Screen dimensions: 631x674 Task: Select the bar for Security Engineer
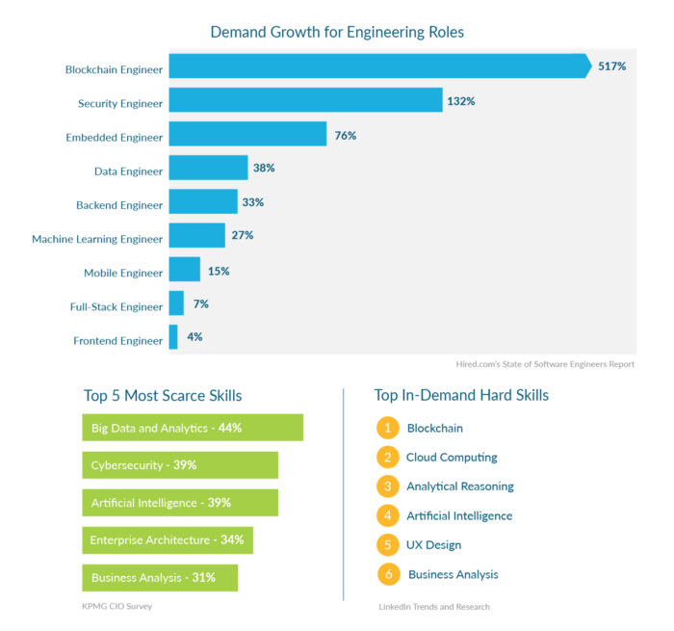pos(305,101)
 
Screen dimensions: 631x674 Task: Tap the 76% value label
pos(346,136)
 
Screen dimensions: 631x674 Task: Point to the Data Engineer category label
pos(128,171)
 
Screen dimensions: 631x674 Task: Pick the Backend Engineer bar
pos(203,202)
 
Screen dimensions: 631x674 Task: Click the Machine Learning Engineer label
pos(97,239)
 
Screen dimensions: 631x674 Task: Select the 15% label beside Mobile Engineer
pos(219,271)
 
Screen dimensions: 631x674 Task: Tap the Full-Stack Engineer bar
pos(176,304)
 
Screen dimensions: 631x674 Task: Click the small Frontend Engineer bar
pos(173,337)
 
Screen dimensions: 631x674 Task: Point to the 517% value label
pos(612,66)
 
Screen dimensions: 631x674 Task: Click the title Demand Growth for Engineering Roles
pos(337,33)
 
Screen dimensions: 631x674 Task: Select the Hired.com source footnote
pos(545,364)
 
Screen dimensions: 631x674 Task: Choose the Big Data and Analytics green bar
pos(193,428)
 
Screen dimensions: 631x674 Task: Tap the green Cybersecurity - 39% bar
pos(180,465)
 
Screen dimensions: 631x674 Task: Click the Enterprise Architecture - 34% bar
pos(168,540)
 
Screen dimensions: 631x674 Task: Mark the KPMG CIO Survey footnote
pos(117,606)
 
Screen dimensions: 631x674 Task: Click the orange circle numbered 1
pos(388,428)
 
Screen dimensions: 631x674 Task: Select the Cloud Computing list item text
pos(452,458)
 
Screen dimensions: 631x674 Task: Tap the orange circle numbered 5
pos(388,545)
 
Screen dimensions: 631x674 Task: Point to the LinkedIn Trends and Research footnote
pos(434,607)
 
